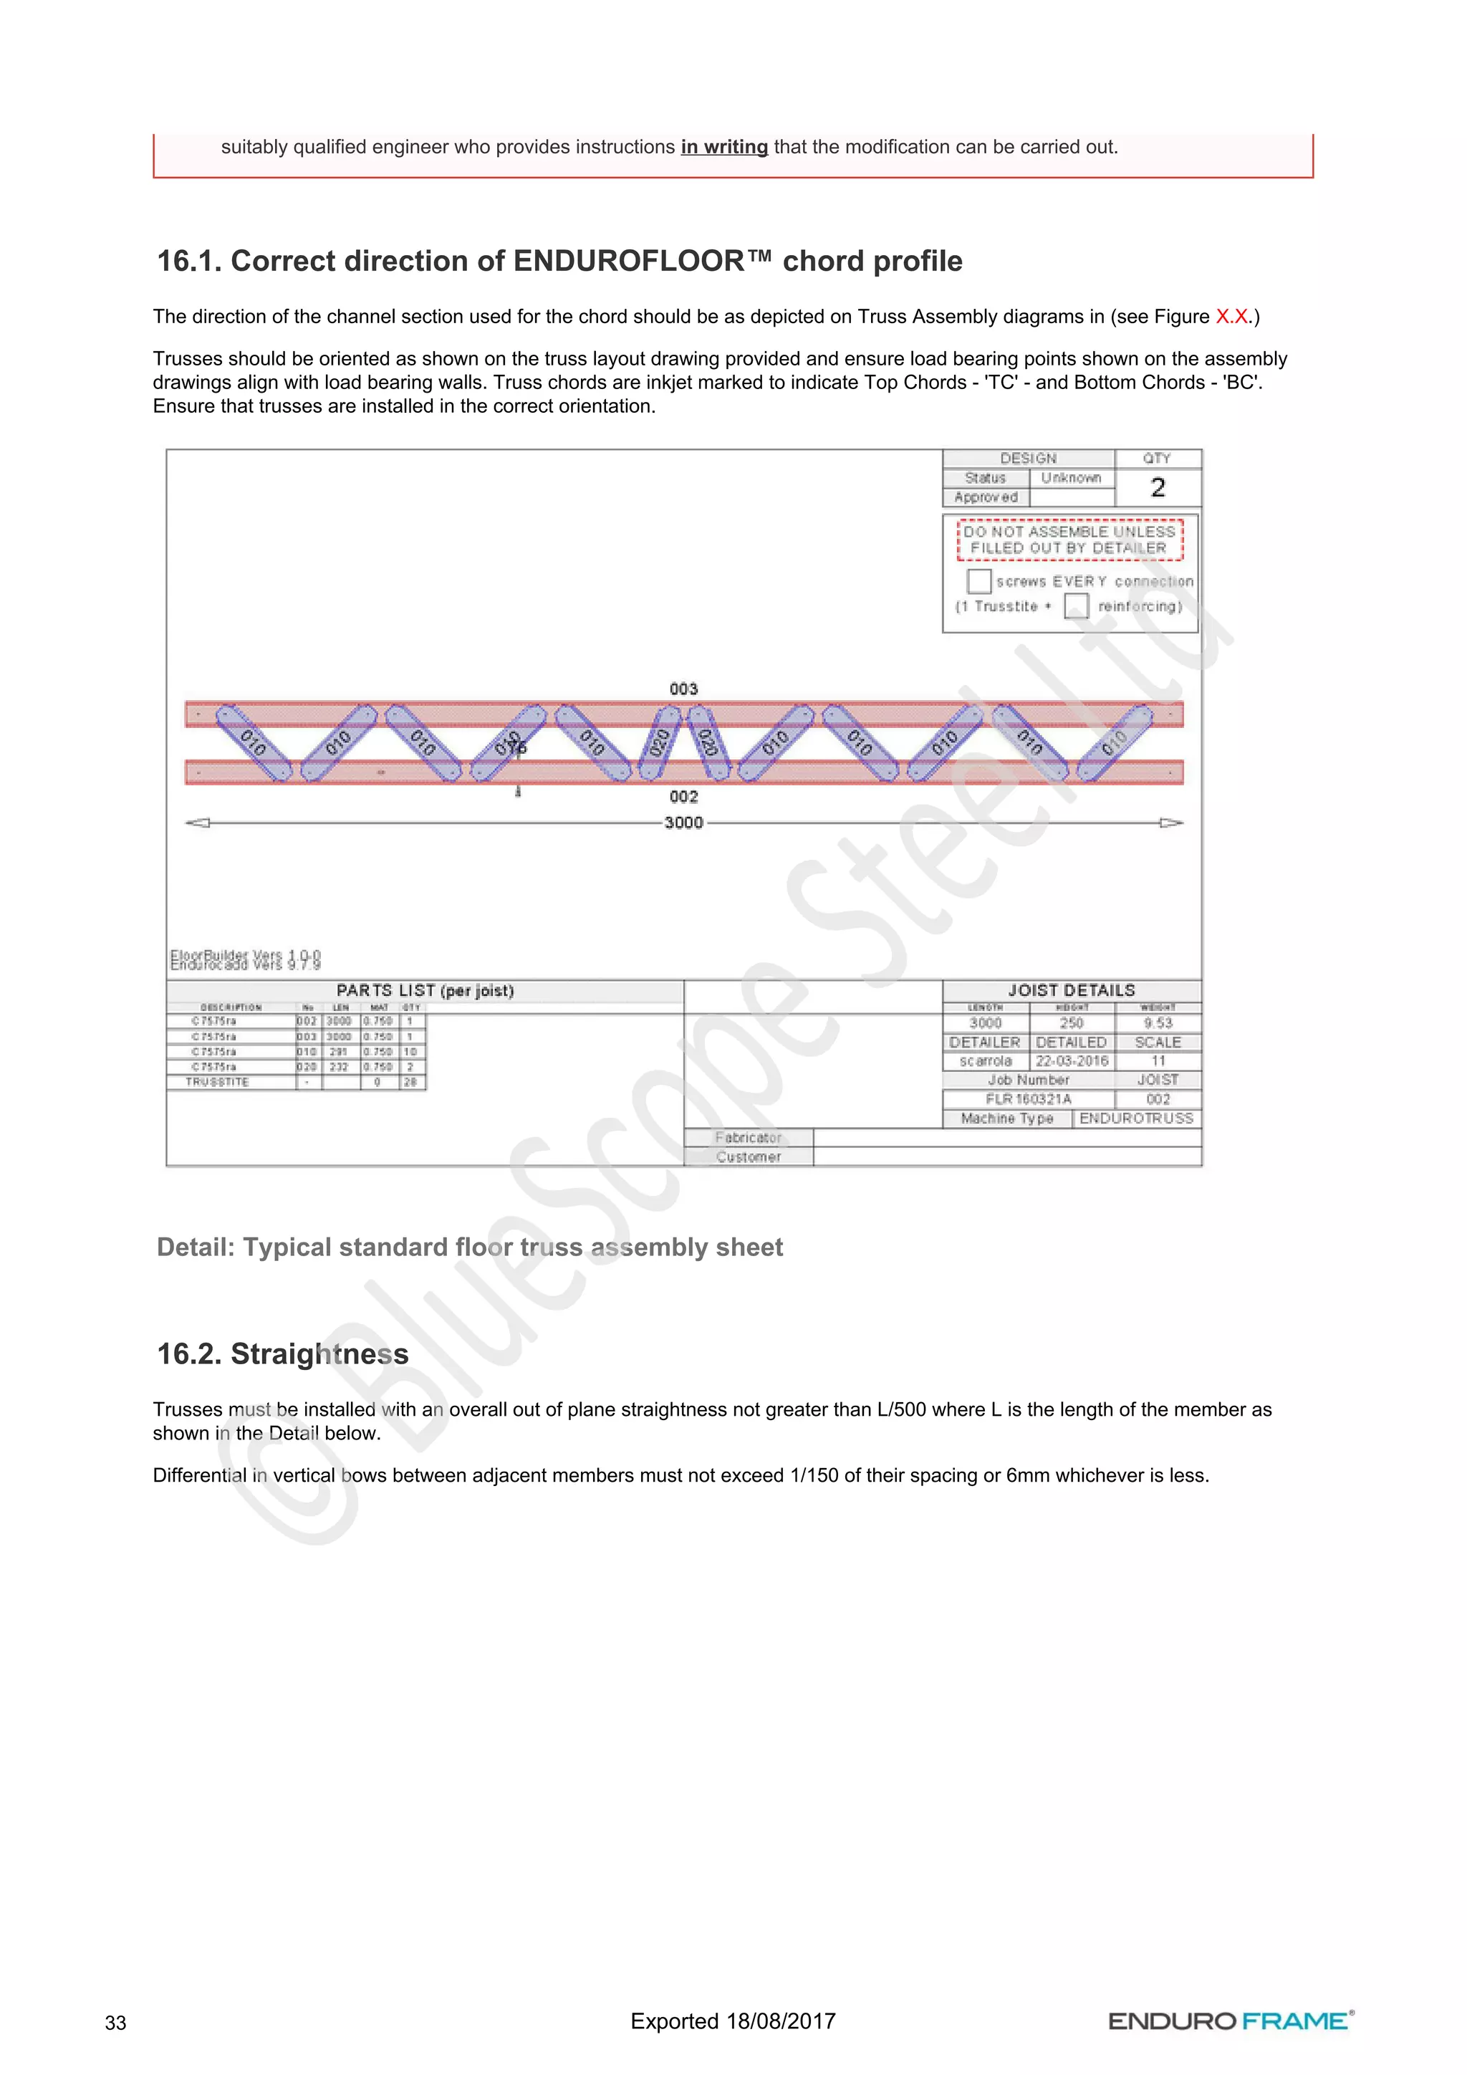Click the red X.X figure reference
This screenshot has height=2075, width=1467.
click(x=1231, y=316)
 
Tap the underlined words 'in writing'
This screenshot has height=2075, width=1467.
click(x=723, y=148)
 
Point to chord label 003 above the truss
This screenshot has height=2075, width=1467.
click(x=684, y=689)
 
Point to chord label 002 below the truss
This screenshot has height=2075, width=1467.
click(x=684, y=796)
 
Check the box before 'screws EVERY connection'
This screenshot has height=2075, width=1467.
click(x=978, y=580)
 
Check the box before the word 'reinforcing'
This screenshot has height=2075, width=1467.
click(x=1075, y=605)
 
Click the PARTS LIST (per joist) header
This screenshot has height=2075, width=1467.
click(x=425, y=990)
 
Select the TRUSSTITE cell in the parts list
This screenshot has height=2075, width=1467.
click(x=218, y=1082)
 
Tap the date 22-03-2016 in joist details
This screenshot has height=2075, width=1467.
click(x=1072, y=1061)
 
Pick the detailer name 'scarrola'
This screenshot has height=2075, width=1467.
click(x=986, y=1061)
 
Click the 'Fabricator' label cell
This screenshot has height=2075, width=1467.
click(x=748, y=1138)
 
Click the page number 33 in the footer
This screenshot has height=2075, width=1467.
click(x=115, y=2023)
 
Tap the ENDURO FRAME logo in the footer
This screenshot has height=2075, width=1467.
click(x=1231, y=2021)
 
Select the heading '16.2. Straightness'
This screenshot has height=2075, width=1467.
click(x=283, y=1353)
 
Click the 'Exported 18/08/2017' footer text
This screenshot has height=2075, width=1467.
click(x=733, y=2021)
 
